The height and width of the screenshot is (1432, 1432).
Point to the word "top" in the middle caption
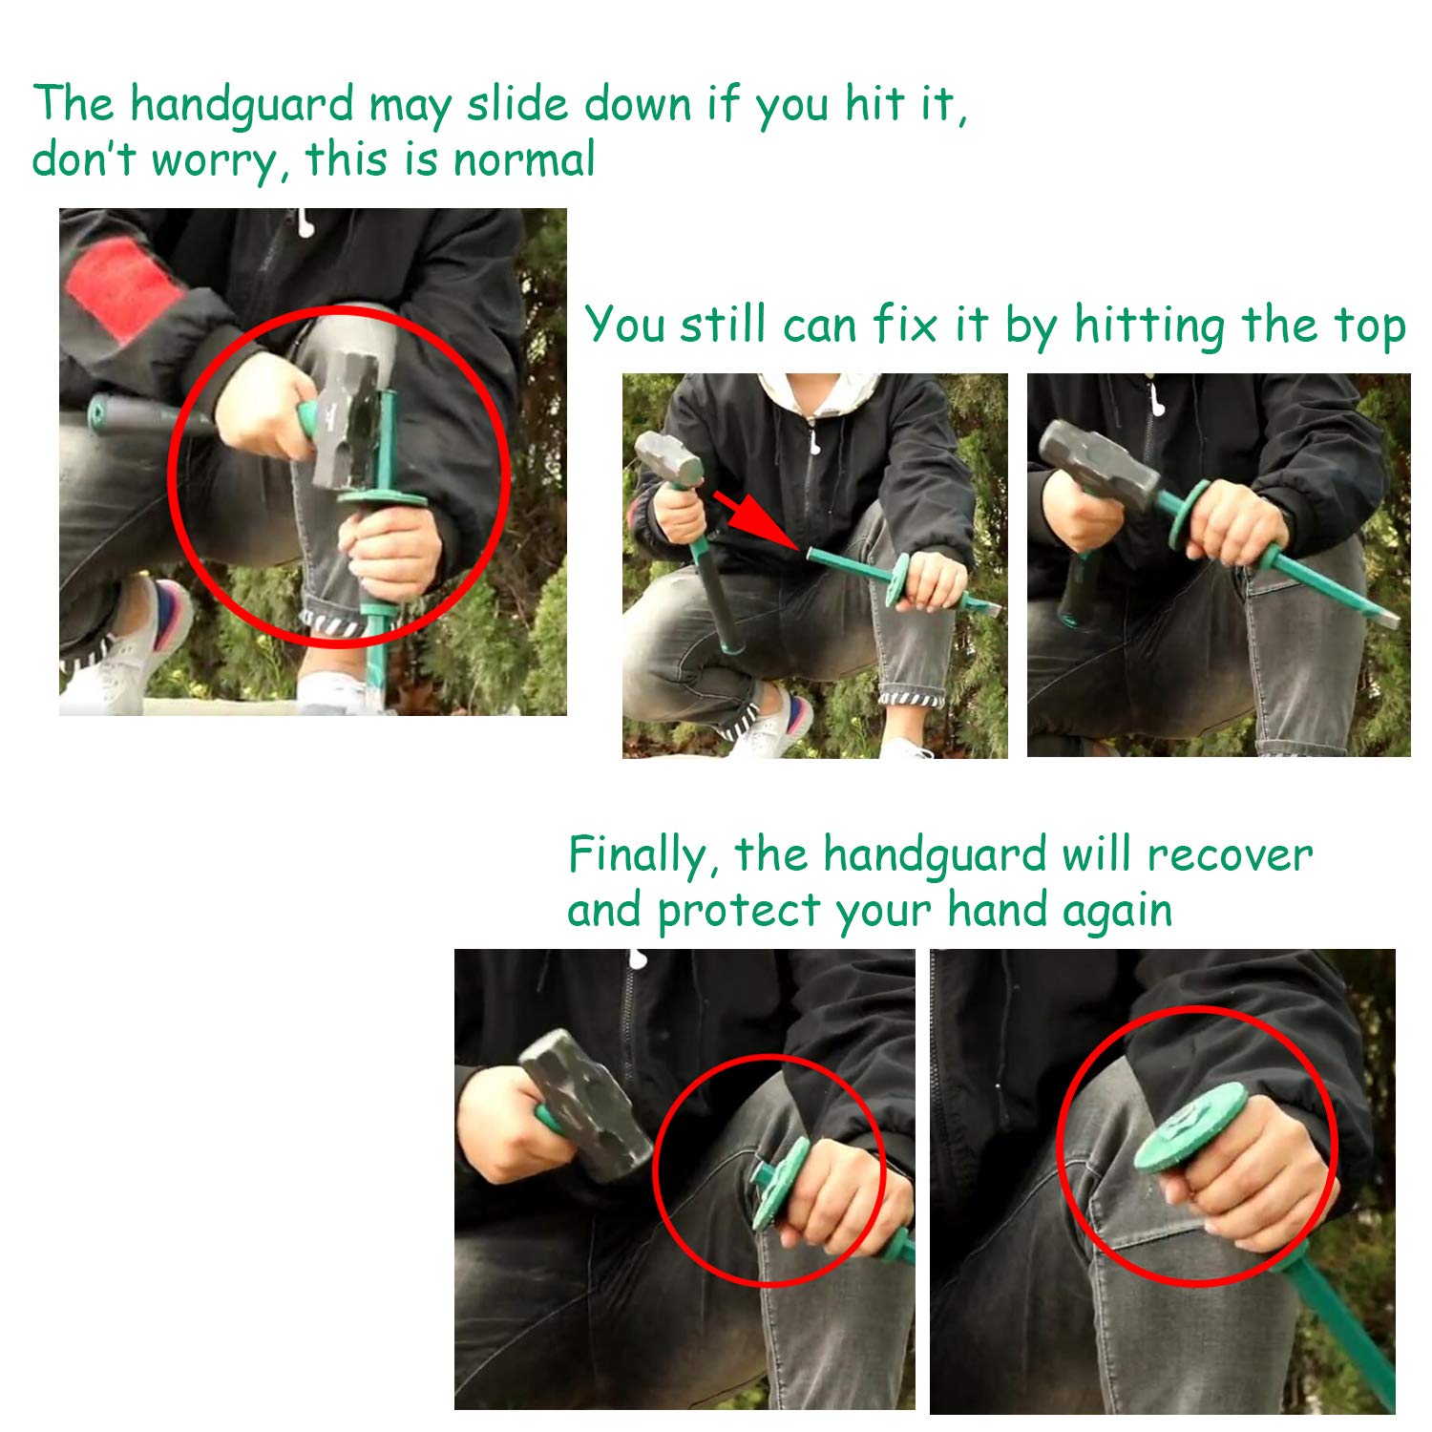click(x=1371, y=327)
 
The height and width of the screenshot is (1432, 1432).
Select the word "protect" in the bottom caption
click(x=738, y=912)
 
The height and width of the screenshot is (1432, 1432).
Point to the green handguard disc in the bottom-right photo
click(x=1190, y=1129)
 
